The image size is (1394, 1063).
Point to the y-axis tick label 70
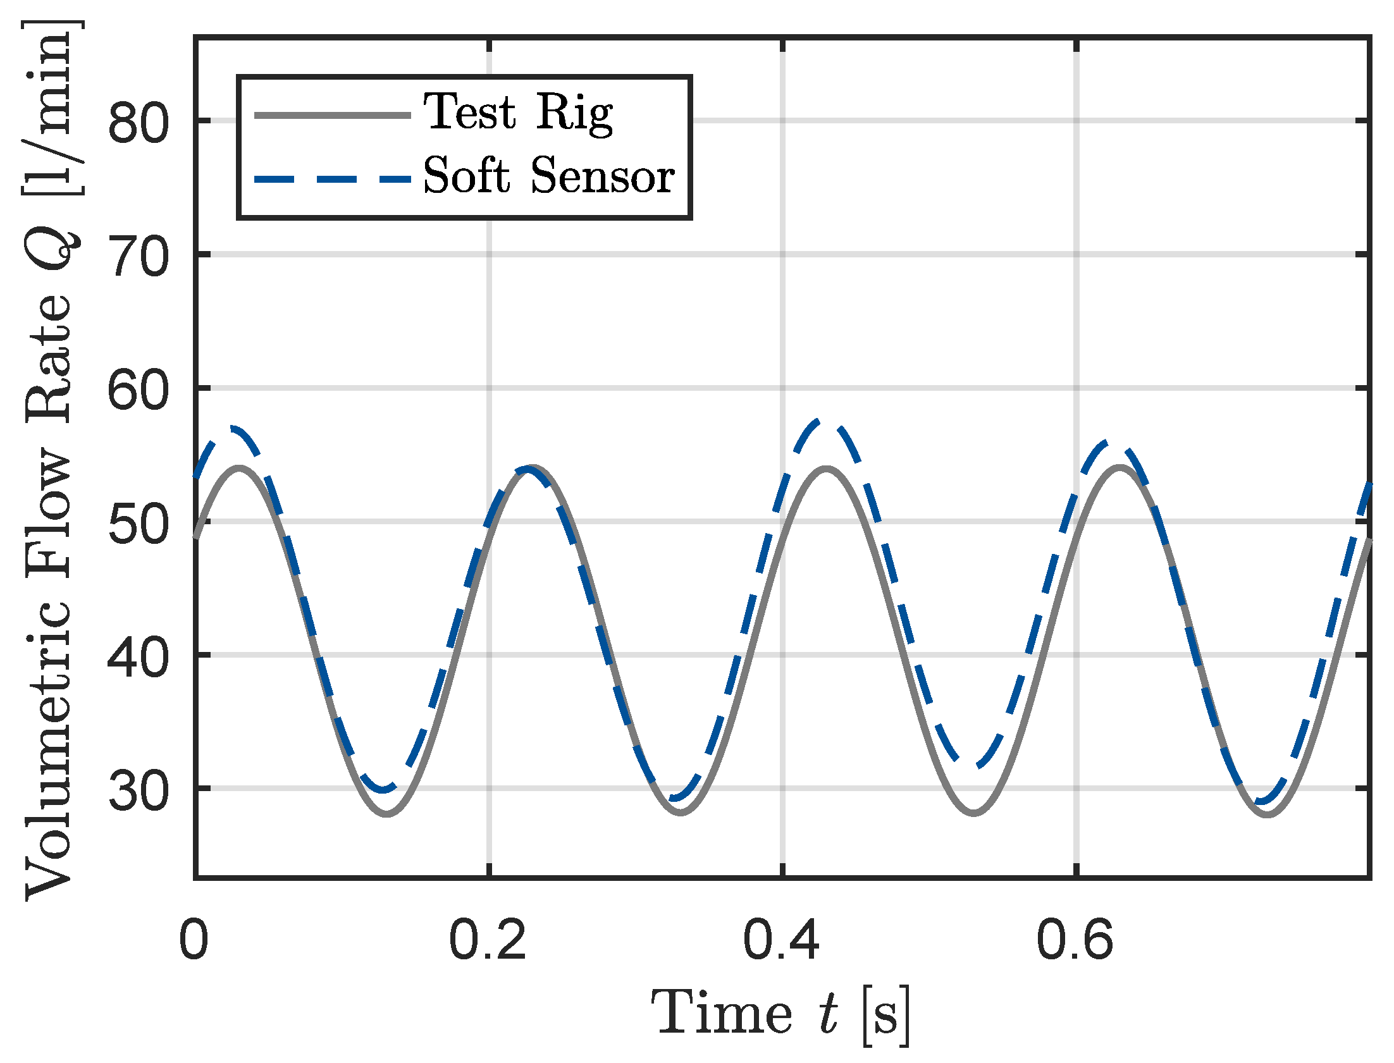tap(139, 257)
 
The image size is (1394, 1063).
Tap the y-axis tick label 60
tap(139, 390)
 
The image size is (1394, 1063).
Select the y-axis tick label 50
tap(139, 524)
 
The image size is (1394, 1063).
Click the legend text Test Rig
tap(517, 112)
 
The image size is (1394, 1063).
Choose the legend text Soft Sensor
tap(548, 176)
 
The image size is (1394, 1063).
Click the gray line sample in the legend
tap(332, 115)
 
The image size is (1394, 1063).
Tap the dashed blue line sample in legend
tap(332, 179)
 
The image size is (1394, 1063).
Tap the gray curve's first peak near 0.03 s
tap(240, 467)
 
